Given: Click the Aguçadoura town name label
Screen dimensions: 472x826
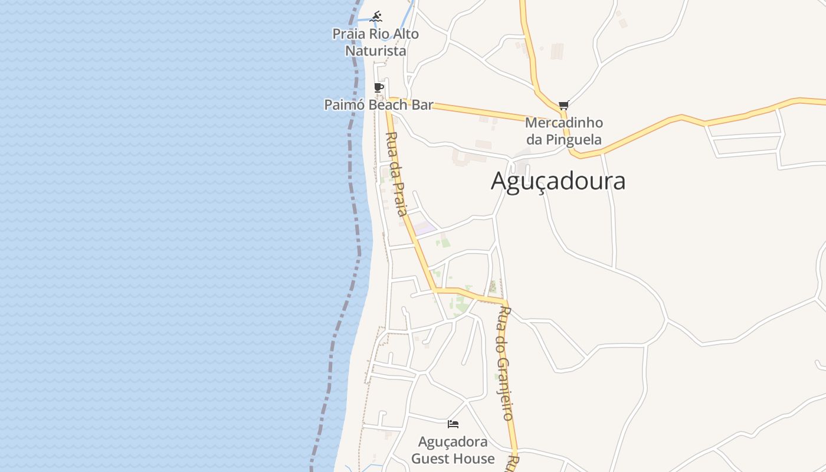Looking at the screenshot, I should coord(558,181).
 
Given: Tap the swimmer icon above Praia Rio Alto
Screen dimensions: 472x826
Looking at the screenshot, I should coord(376,17).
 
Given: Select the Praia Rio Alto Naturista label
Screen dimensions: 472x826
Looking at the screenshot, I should coord(376,42).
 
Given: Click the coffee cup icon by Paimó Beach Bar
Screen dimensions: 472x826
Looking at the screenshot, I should coord(379,88).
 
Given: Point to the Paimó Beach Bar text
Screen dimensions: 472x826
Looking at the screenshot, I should coord(378,105).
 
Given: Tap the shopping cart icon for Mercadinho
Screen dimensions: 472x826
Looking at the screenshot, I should coord(563,106).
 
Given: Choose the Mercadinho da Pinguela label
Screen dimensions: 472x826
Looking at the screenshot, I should coord(564,132).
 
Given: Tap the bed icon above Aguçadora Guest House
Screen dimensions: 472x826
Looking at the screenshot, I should coord(453,424).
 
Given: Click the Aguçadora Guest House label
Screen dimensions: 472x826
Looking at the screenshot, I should coord(453,450).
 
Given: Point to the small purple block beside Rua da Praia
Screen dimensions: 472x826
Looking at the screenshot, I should coord(424,228).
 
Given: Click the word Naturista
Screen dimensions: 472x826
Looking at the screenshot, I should coord(376,51).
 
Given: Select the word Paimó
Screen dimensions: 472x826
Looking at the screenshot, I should coord(342,105).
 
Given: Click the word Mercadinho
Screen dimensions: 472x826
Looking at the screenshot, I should coord(564,123).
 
